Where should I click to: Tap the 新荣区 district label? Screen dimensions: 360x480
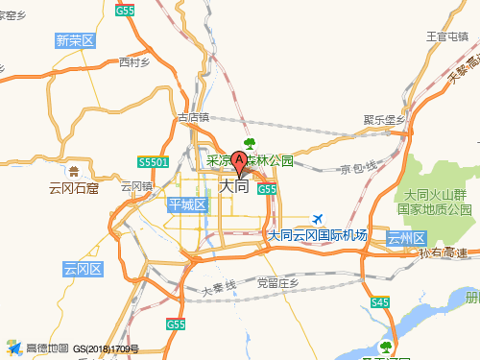click(75, 40)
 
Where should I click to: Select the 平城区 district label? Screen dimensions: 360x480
click(187, 204)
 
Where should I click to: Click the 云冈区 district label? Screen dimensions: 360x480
click(83, 269)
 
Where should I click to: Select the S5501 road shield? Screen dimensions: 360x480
click(153, 163)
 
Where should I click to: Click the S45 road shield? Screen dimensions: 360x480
click(380, 302)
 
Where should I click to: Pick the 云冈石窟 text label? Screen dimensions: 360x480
click(74, 188)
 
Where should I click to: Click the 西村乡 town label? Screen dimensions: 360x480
click(135, 63)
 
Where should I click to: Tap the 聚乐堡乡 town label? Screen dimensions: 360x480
click(384, 119)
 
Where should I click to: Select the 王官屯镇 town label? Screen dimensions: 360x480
click(445, 36)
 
